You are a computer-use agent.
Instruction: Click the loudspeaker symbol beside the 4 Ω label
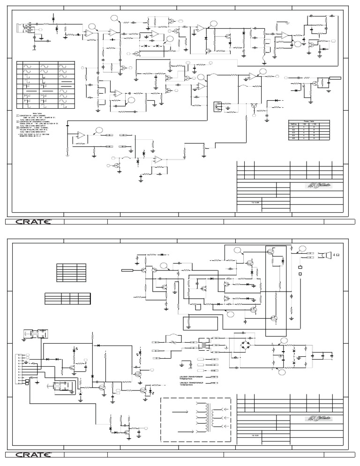pyautogui.click(x=323, y=255)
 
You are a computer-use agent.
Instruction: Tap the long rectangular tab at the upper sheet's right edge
pyautogui.click(x=336, y=78)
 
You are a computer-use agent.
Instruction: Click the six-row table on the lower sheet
pyautogui.click(x=71, y=272)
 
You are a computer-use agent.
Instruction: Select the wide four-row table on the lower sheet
pyautogui.click(x=67, y=298)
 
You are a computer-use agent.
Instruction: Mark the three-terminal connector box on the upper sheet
pyautogui.click(x=217, y=107)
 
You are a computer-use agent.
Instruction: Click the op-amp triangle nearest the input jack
pyautogui.click(x=89, y=33)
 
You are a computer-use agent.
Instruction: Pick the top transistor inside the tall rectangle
pyautogui.click(x=271, y=251)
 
